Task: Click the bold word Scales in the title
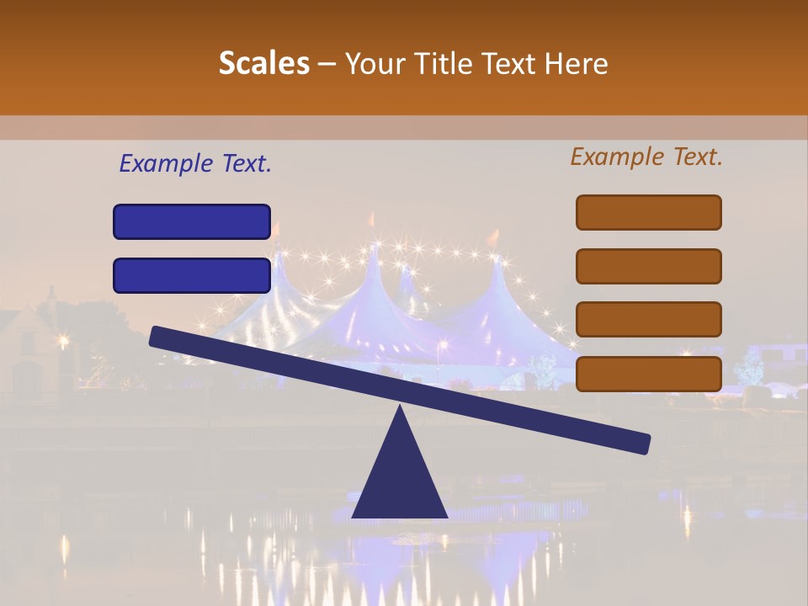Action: point(263,64)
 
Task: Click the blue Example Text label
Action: point(195,164)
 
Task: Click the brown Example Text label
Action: point(646,157)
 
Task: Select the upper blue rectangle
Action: point(192,222)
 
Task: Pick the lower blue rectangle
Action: point(192,275)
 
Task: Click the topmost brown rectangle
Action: point(648,212)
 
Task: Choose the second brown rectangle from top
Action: point(648,266)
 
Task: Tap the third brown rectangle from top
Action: point(648,320)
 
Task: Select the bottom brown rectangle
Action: point(648,374)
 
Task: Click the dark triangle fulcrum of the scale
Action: point(400,480)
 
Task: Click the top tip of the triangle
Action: point(400,407)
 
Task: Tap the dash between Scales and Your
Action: point(327,64)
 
